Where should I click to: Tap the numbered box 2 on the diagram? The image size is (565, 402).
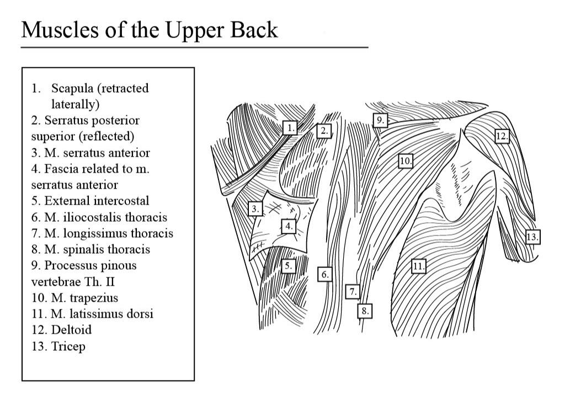click(324, 131)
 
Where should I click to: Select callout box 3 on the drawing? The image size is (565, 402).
click(254, 209)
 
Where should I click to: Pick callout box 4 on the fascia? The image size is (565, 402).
click(288, 226)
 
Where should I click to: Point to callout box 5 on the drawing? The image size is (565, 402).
click(288, 266)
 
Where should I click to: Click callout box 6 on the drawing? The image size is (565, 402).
click(324, 274)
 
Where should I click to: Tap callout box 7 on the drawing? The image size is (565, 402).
click(353, 291)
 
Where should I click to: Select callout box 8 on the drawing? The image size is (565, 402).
click(364, 311)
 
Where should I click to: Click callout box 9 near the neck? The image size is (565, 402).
click(380, 120)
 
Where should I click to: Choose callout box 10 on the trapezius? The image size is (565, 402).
click(406, 161)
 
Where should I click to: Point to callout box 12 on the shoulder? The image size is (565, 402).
click(502, 136)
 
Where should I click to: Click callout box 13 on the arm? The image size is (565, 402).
click(532, 237)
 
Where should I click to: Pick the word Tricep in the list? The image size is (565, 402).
click(68, 346)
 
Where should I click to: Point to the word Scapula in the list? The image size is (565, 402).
click(72, 88)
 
